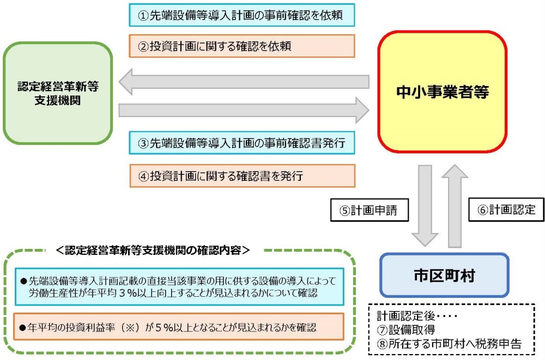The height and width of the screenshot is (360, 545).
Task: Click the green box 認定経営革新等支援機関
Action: tap(58, 93)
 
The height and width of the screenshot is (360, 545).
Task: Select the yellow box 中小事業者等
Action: tap(442, 91)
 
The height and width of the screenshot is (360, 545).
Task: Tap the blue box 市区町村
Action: tap(444, 275)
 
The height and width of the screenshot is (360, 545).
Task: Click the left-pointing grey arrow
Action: tap(244, 82)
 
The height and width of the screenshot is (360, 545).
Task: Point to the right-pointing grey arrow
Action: tap(244, 110)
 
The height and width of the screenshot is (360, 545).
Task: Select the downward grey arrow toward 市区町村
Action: tap(425, 206)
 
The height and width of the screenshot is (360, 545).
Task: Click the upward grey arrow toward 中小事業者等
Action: tap(455, 206)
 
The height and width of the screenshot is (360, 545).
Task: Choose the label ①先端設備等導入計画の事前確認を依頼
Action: tap(242, 15)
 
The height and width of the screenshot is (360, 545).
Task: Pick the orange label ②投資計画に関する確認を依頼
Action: tap(242, 46)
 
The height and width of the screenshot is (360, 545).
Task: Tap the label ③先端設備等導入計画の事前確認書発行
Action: tap(242, 143)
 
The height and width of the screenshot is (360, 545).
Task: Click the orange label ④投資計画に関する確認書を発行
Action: tap(243, 176)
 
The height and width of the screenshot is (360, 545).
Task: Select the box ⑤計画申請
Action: tap(369, 210)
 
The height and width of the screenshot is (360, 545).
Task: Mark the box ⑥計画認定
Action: tap(506, 210)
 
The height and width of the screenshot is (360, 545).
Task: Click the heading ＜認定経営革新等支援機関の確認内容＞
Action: tap(153, 250)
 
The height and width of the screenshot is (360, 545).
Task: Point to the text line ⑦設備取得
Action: tap(406, 330)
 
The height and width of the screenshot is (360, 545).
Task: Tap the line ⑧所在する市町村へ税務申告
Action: tap(449, 344)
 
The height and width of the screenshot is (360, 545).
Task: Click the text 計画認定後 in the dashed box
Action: tap(406, 315)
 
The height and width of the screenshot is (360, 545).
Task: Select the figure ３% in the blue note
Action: tap(128, 293)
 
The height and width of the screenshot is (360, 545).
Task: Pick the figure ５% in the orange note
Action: tap(163, 327)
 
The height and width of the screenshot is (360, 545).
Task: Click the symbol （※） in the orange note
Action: tap(130, 327)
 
